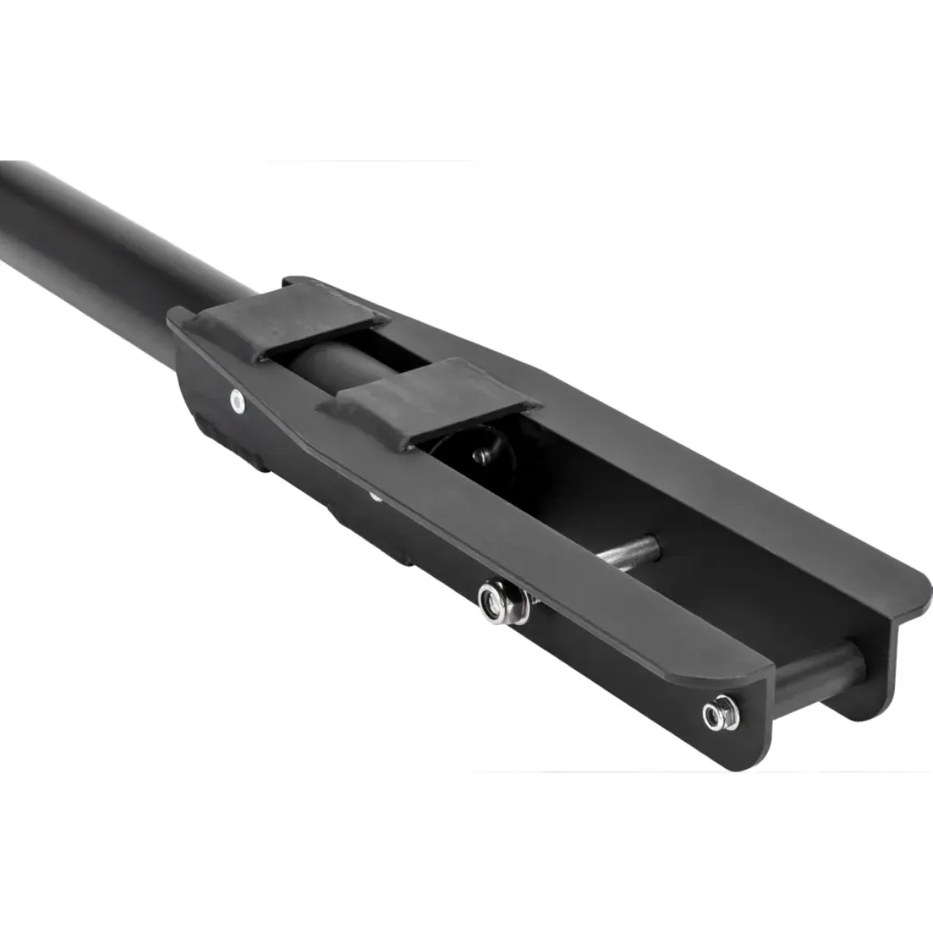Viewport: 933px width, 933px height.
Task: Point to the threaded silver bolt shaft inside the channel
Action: point(630,551)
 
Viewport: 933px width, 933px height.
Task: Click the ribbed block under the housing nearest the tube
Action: point(231,447)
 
